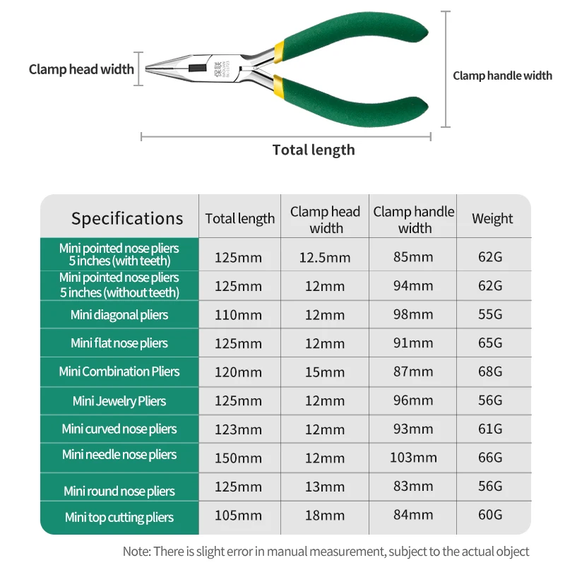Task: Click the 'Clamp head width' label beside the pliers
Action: [81, 69]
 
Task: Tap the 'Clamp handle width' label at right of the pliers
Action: [502, 76]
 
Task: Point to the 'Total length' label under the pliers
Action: [314, 150]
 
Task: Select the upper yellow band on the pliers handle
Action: [279, 52]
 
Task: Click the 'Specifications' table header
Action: [127, 218]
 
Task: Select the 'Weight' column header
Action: [492, 218]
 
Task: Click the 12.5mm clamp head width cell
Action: [325, 257]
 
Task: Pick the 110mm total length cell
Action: [238, 315]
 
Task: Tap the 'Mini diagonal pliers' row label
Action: [119, 315]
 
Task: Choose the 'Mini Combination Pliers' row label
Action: [119, 371]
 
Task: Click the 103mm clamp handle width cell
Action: [413, 458]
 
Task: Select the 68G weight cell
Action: [490, 371]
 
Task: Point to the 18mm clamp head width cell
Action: [325, 516]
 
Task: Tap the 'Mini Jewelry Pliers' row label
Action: [119, 401]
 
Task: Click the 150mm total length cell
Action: [238, 458]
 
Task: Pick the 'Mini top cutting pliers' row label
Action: [119, 518]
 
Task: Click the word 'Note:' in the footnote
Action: [136, 552]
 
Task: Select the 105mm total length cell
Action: [238, 516]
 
